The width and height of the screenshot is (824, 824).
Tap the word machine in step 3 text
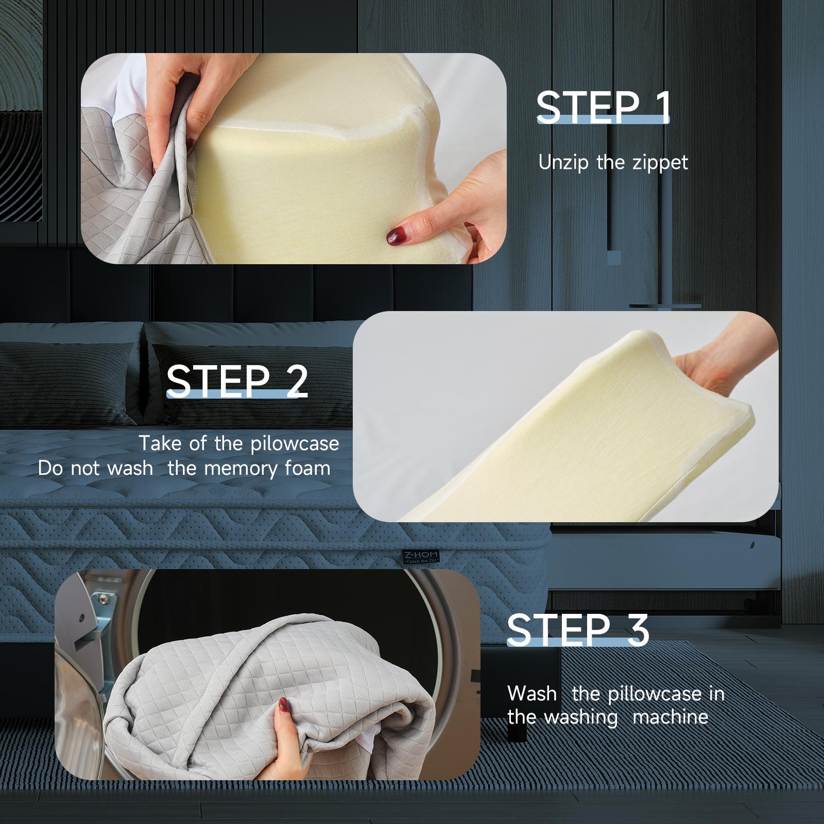670,717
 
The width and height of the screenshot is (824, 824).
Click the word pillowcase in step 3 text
655,694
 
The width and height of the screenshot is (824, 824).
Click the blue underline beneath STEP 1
603,119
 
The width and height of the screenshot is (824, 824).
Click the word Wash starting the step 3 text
531,694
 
